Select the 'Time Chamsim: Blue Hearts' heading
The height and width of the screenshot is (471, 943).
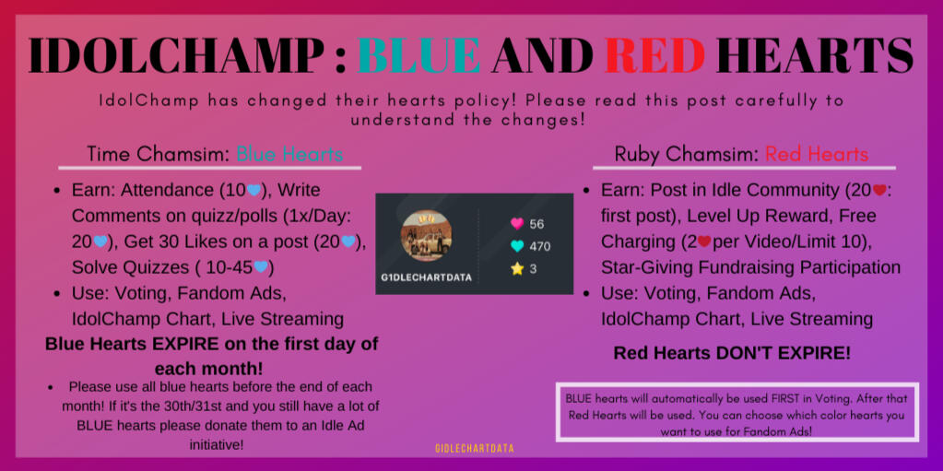pyautogui.click(x=215, y=154)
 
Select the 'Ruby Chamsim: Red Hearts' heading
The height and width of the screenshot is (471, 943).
pyautogui.click(x=741, y=154)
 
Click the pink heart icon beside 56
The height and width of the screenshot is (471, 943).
pyautogui.click(x=516, y=224)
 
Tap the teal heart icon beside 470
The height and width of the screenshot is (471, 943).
pyautogui.click(x=516, y=246)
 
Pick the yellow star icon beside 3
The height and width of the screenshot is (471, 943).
pyautogui.click(x=516, y=269)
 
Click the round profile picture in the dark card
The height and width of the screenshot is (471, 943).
pyautogui.click(x=426, y=235)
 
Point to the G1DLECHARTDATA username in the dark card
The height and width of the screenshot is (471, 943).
pyautogui.click(x=426, y=277)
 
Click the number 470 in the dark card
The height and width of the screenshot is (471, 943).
pyautogui.click(x=540, y=246)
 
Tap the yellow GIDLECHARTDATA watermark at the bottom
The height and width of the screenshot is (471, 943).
pyautogui.click(x=475, y=448)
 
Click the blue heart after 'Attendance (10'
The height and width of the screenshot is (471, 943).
pyautogui.click(x=253, y=190)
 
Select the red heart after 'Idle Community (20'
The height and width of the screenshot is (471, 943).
pyautogui.click(x=879, y=190)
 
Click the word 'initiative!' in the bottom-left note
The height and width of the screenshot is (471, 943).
pyautogui.click(x=217, y=445)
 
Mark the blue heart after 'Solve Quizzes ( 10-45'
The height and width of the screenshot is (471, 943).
pyautogui.click(x=260, y=266)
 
